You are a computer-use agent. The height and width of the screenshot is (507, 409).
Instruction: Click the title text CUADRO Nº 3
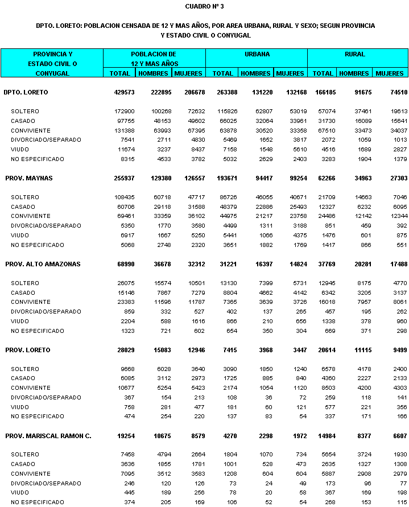point(204,6)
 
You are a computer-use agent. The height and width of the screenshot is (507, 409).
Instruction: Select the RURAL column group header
point(355,55)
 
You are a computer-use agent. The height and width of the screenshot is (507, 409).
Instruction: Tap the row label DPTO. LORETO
point(26,92)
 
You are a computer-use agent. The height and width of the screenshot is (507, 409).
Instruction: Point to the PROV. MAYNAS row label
point(28,178)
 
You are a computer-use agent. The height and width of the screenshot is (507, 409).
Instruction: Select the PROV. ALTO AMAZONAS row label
point(43,264)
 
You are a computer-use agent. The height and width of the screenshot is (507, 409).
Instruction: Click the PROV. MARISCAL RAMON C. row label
point(48,436)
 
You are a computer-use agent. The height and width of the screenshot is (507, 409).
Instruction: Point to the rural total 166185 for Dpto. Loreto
point(323,92)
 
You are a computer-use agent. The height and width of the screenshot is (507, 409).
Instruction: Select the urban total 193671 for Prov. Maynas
point(222,178)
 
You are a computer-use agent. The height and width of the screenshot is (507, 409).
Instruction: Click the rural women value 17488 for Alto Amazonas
point(393,264)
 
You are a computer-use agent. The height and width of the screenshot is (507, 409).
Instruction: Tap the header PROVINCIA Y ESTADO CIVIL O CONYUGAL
point(52,63)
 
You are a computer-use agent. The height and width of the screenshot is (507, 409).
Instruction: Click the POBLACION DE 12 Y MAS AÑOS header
point(154,59)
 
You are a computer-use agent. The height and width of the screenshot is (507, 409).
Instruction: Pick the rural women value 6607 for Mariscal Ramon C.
point(394,436)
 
